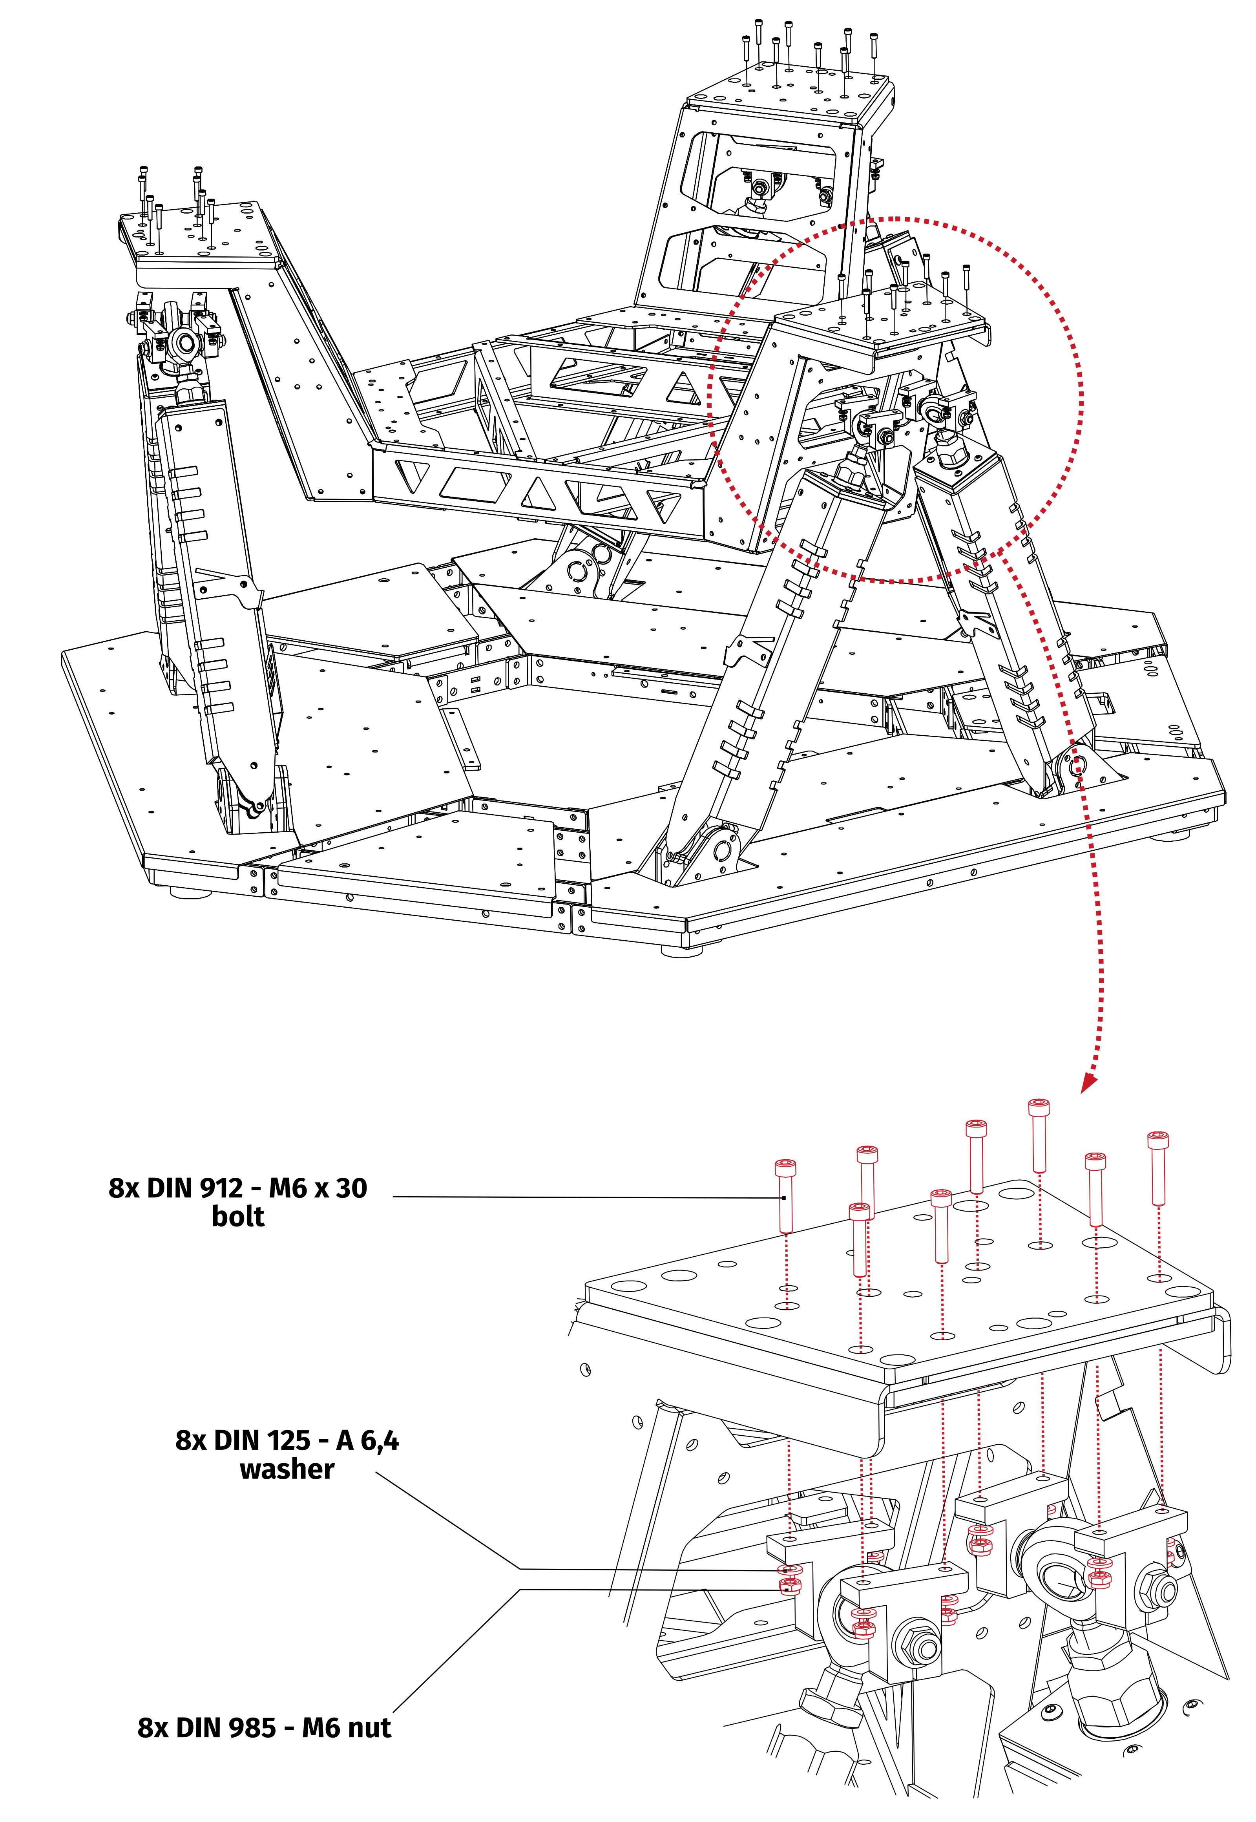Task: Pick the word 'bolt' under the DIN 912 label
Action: point(238,1217)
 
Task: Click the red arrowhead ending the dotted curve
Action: point(1088,1085)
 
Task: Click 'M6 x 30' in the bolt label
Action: point(318,1188)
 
